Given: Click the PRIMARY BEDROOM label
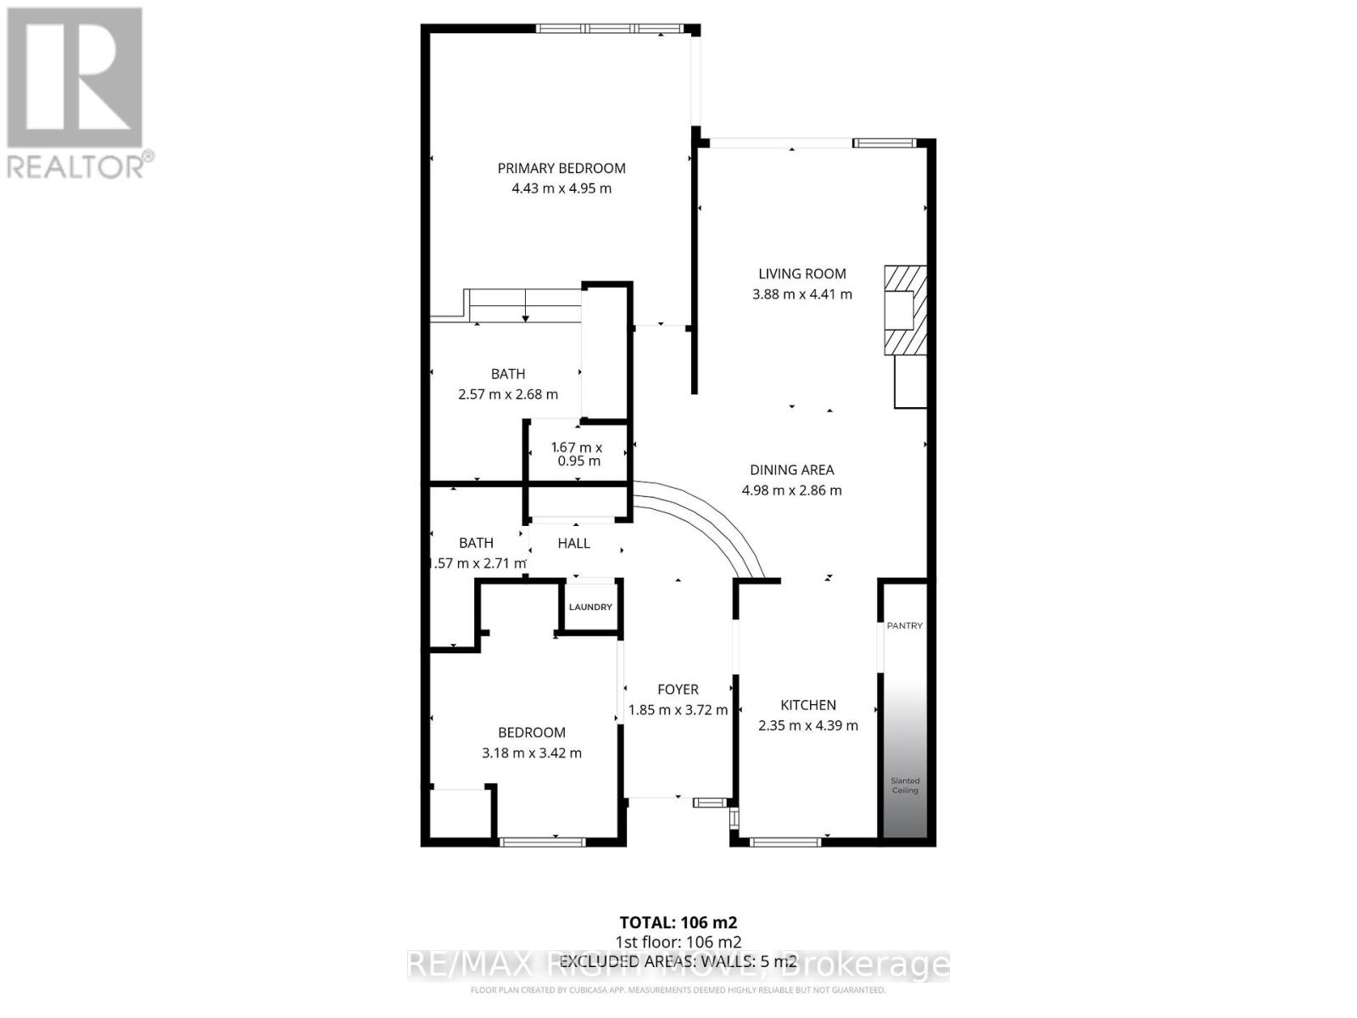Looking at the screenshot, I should pos(561,168).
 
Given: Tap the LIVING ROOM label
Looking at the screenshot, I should pos(802,273).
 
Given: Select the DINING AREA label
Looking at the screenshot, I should pos(792,469).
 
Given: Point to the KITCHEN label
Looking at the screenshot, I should pos(808,705).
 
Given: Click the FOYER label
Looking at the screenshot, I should pos(678,690).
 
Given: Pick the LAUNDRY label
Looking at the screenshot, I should pos(590,607).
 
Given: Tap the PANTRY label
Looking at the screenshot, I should pos(904,625).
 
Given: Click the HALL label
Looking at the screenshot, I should pos(574,543).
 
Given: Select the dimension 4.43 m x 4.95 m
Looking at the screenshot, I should pos(561,188).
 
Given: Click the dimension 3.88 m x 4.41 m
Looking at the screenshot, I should pos(802,294).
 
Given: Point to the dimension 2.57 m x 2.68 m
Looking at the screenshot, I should pos(508,394).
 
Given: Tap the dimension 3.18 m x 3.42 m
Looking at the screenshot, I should pos(532,752).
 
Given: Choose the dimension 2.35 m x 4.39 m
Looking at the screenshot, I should pos(808,725).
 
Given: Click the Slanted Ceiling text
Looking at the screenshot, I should pos(905,786).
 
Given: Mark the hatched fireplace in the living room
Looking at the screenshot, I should pos(904,310).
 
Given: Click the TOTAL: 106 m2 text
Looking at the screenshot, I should pos(678,922).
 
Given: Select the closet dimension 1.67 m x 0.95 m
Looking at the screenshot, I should pos(578,454).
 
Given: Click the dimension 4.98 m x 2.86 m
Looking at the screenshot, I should pos(792,490).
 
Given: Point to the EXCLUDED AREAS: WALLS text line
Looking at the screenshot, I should pos(678,961).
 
